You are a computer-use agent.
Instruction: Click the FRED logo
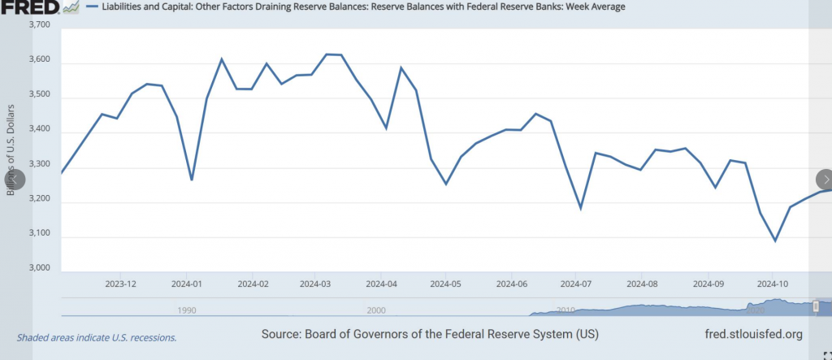(29, 7)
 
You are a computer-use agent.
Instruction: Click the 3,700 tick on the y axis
(39, 25)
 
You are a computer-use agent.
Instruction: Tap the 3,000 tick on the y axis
(39, 268)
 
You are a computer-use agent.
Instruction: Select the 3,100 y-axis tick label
(39, 234)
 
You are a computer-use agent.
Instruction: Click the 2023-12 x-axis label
(120, 284)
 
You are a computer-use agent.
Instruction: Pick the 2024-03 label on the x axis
(315, 284)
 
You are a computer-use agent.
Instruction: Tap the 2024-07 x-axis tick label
(575, 284)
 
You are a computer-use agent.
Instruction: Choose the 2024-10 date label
(772, 284)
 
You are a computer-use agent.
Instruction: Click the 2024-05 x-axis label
(445, 284)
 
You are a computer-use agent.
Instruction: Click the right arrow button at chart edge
(825, 180)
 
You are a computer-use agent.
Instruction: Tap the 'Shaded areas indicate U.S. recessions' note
(97, 336)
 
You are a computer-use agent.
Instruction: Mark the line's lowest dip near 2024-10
(775, 241)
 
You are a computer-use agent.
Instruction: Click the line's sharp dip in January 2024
(192, 180)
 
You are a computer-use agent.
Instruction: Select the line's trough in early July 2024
(581, 208)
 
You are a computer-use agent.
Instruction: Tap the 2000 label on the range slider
(375, 310)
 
